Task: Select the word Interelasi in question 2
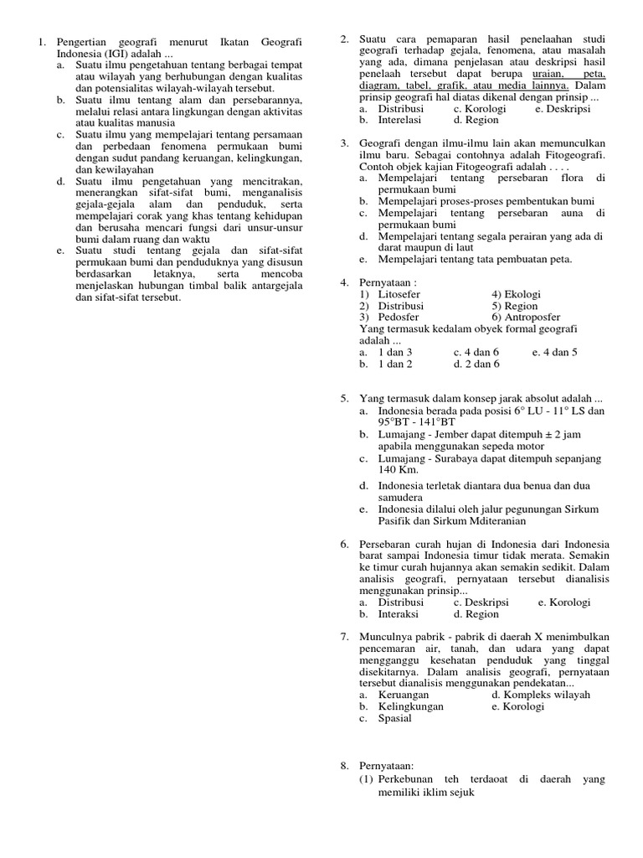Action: (x=404, y=120)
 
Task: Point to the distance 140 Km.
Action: (x=398, y=470)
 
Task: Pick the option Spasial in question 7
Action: (x=395, y=718)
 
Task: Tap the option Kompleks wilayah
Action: (x=546, y=695)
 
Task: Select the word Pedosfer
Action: (x=399, y=318)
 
